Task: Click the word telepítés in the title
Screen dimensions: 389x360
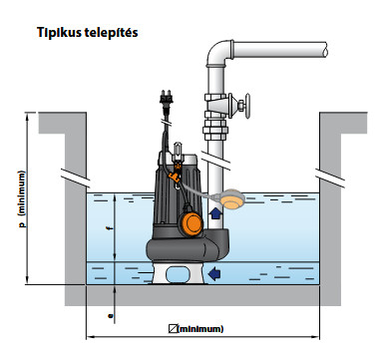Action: [110, 33]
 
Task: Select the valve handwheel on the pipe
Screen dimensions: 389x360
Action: [246, 106]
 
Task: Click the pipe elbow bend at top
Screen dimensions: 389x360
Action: [217, 53]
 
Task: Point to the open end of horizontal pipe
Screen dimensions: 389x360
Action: [325, 49]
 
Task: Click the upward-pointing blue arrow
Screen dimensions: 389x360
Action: [215, 213]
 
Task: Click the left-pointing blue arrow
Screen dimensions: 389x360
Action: [214, 274]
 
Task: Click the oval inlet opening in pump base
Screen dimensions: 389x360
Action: [178, 274]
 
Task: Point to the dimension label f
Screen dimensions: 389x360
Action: [108, 228]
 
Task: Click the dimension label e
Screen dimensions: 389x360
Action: [111, 315]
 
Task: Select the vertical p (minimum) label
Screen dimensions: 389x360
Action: [22, 199]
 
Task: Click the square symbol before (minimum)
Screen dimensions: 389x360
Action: [173, 329]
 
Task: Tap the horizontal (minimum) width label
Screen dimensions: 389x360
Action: [200, 329]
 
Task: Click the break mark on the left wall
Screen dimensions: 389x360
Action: [76, 177]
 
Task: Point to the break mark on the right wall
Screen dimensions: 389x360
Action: [330, 179]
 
